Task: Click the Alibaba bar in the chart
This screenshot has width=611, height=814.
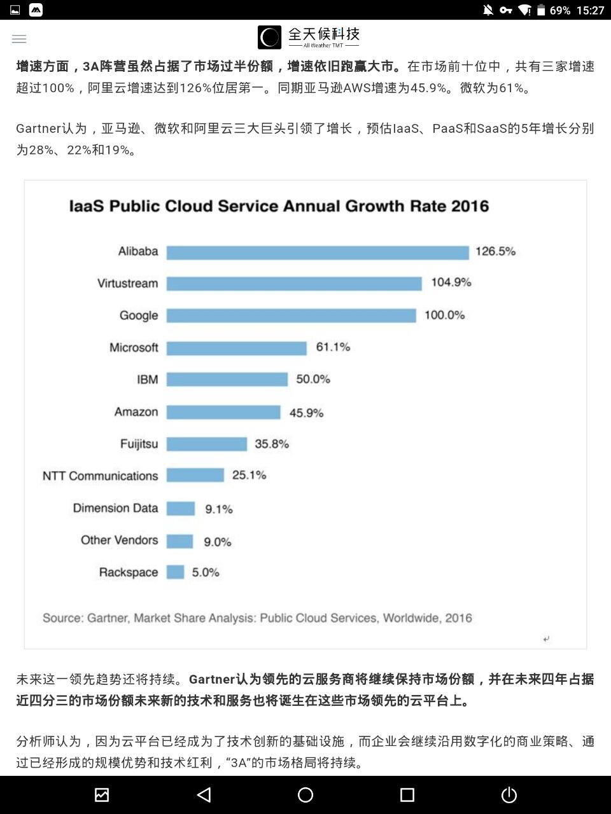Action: tap(318, 252)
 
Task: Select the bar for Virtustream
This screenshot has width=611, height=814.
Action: tap(294, 284)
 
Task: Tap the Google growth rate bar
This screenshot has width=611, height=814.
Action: tap(291, 315)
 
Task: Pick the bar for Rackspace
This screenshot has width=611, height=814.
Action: tap(175, 572)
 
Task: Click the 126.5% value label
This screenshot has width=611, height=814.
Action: tap(495, 251)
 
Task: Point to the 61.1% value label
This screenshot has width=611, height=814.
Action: tap(333, 347)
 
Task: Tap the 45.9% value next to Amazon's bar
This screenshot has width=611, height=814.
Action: tap(306, 413)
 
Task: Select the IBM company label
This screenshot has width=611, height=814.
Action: tap(147, 380)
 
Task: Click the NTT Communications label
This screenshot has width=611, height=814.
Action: tap(100, 476)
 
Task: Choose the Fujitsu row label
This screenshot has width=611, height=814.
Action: tap(139, 444)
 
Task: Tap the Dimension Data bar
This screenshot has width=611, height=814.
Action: tap(181, 509)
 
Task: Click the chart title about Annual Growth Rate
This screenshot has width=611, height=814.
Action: tap(279, 206)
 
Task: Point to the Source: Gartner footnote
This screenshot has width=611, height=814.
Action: tap(257, 617)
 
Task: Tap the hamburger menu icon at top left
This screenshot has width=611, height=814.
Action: tap(19, 39)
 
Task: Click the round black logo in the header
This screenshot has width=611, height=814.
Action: tap(269, 38)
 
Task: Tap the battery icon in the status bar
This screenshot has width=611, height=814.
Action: tap(541, 10)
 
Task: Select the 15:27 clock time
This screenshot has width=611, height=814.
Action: tap(590, 10)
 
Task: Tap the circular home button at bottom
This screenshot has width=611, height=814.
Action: tap(305, 795)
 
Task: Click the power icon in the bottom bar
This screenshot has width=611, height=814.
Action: tap(509, 795)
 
